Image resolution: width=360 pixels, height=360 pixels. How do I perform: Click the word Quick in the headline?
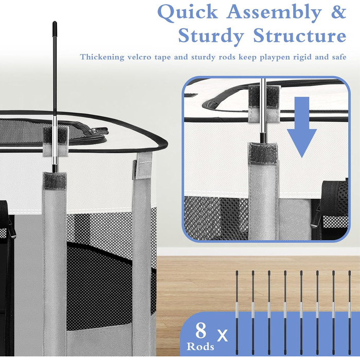(x=188, y=12)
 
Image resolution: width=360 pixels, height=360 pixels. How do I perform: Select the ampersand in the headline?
(x=338, y=12)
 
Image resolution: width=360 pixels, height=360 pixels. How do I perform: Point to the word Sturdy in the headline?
(x=211, y=37)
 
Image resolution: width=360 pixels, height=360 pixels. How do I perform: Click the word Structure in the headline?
(x=300, y=35)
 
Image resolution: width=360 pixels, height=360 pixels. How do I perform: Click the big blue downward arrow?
(x=301, y=127)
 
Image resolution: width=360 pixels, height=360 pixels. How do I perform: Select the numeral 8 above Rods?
(x=201, y=331)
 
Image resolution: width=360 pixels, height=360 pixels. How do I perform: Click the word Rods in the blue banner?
(x=200, y=346)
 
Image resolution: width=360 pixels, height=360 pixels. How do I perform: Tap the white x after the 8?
(x=222, y=335)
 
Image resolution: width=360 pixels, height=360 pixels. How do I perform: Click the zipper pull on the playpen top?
(x=99, y=131)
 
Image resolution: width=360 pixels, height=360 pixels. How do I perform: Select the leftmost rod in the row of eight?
(x=237, y=313)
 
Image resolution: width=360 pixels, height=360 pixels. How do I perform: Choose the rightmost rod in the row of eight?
(x=350, y=313)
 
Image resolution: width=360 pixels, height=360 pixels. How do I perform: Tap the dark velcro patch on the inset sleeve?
(x=263, y=153)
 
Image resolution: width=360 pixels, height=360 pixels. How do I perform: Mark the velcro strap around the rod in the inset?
(x=264, y=103)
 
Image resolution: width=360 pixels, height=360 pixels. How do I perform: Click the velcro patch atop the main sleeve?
(x=55, y=181)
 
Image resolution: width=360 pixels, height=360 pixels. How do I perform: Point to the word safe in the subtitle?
(x=339, y=57)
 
